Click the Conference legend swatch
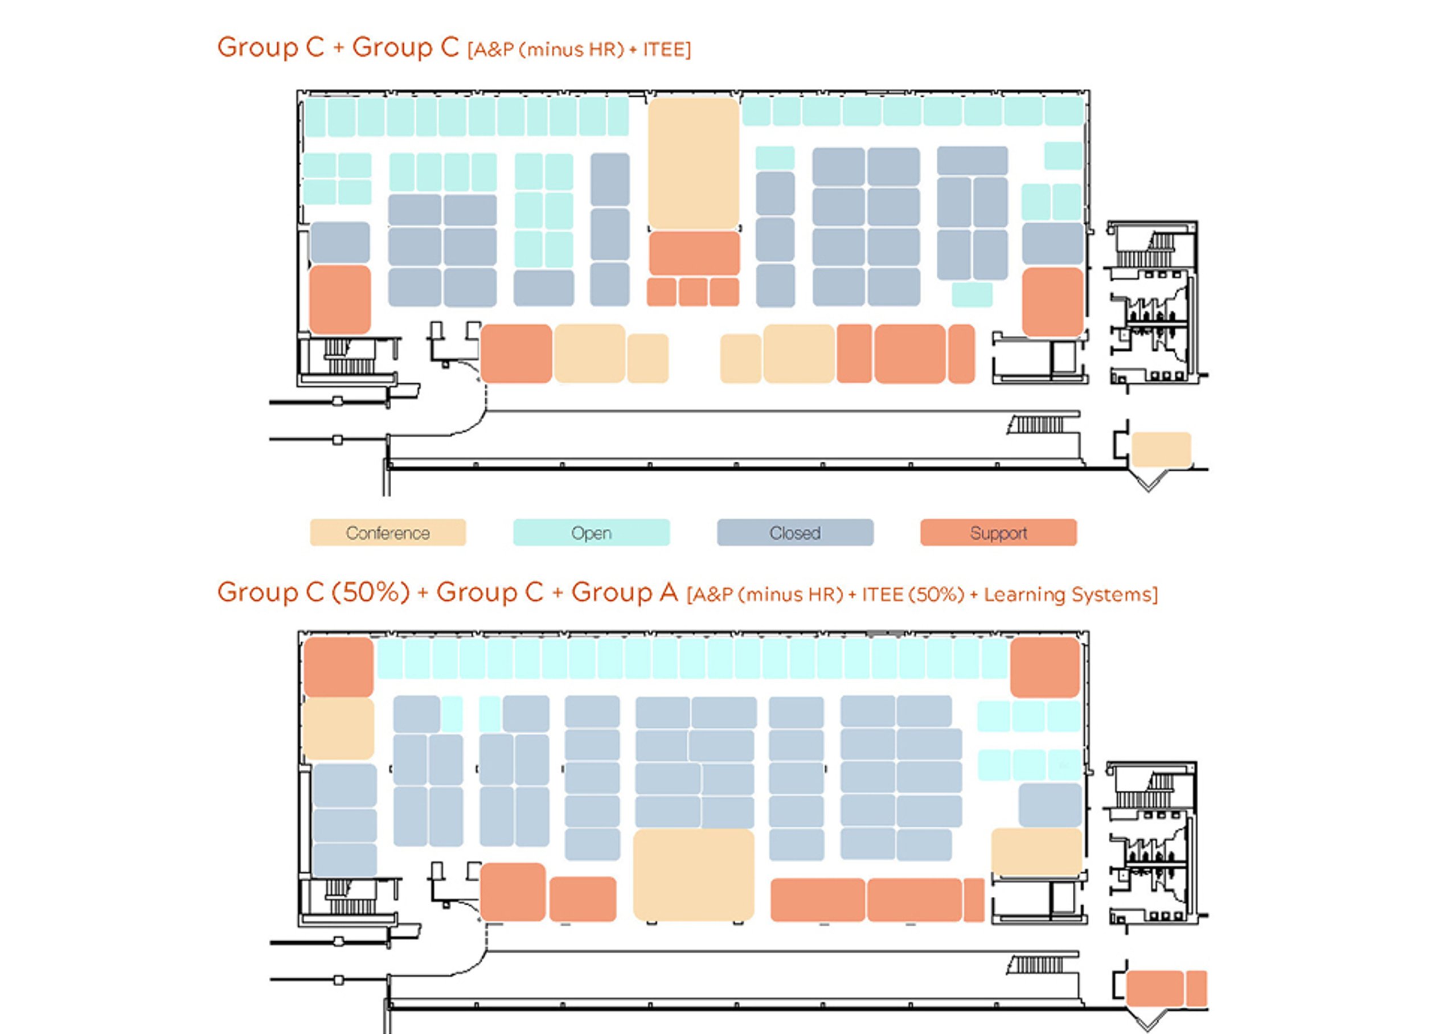[x=387, y=532]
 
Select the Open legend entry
[x=591, y=532]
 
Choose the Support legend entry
[x=998, y=532]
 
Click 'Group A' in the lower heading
[x=624, y=592]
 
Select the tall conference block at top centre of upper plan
[x=694, y=163]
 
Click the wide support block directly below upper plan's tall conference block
[x=694, y=253]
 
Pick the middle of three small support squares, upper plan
[x=693, y=292]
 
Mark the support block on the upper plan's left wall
[x=340, y=299]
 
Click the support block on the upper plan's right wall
[x=1052, y=302]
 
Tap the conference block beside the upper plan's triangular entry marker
[x=1161, y=450]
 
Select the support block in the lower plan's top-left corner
[x=338, y=667]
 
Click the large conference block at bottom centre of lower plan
[x=694, y=874]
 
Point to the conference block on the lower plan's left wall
[x=338, y=729]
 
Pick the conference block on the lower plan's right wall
[x=1036, y=851]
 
